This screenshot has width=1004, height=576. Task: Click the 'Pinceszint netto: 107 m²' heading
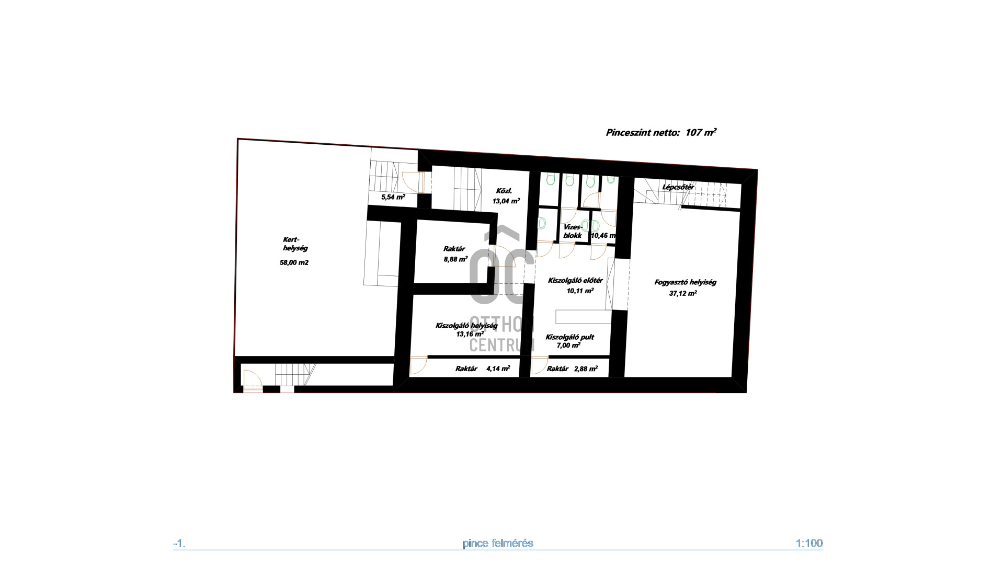(661, 132)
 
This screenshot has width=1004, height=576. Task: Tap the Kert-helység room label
(295, 244)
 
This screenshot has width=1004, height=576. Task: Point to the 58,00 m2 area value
(294, 262)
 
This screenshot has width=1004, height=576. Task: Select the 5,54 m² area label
(393, 197)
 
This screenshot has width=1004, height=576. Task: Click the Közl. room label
(504, 191)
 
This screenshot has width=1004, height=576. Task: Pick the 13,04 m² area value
(506, 201)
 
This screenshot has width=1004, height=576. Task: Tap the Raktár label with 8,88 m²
(454, 249)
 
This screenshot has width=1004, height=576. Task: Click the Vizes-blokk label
(573, 231)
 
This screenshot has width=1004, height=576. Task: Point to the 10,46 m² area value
(603, 236)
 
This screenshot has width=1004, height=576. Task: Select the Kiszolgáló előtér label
(575, 281)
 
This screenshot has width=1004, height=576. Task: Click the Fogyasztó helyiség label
(685, 282)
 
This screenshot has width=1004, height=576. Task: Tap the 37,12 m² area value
(683, 293)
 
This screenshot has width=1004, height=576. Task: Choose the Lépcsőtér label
(678, 187)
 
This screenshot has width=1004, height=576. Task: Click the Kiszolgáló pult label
(569, 337)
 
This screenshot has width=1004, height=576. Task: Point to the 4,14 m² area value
(498, 368)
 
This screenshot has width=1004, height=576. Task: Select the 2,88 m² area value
(586, 368)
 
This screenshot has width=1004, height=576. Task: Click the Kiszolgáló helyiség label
(466, 326)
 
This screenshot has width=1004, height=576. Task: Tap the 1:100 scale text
(809, 543)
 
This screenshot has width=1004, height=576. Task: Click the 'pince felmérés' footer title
(498, 543)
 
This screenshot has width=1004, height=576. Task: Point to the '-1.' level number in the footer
(179, 544)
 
